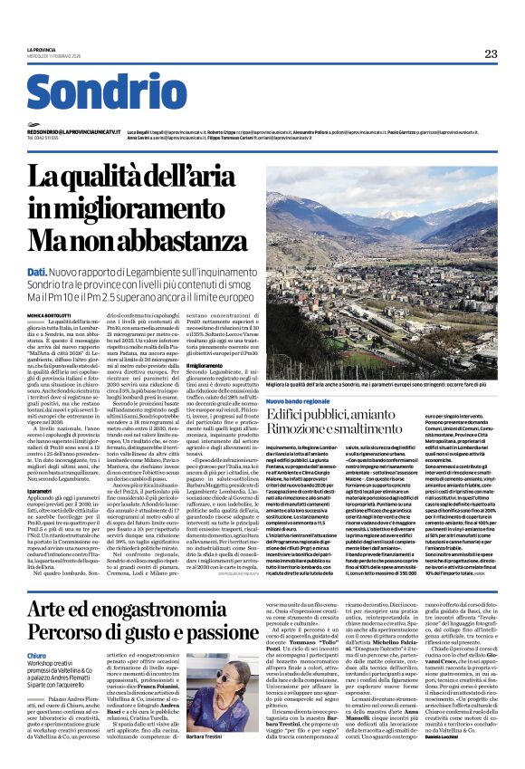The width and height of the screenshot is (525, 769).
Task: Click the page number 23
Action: tap(490, 54)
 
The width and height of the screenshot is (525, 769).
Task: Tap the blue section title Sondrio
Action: tap(106, 93)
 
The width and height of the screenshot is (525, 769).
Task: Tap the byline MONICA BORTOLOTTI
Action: tap(50, 313)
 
